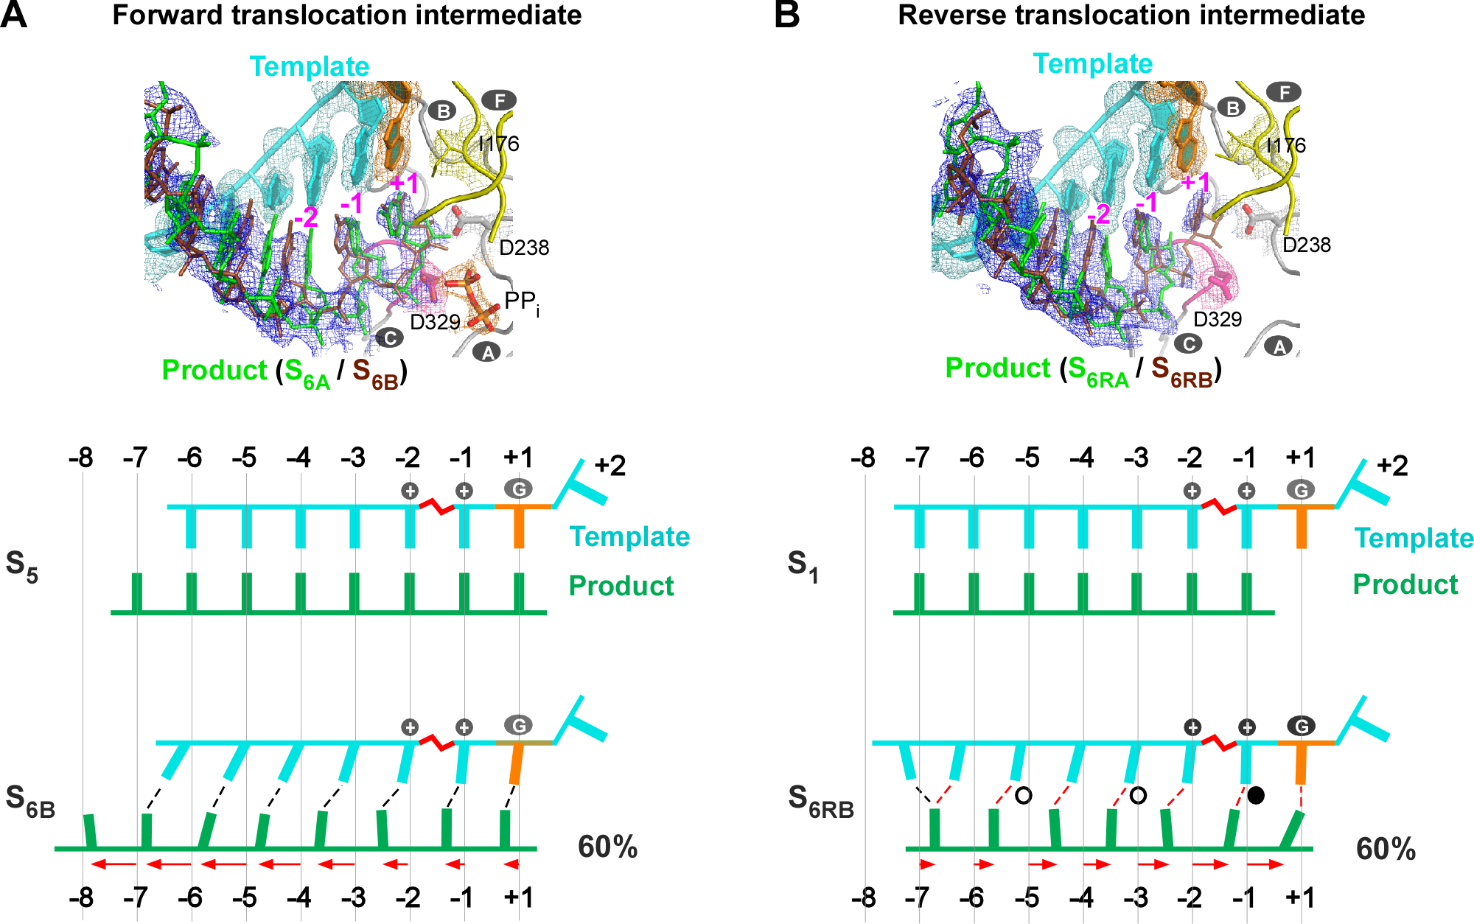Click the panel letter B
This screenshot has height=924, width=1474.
(787, 15)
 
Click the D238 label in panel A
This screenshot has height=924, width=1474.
(524, 248)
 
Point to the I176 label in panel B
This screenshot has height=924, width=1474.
(1285, 145)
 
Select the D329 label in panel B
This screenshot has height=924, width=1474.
(1218, 319)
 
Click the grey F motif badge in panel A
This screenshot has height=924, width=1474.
(499, 100)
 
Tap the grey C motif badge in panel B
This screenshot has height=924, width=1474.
(1187, 343)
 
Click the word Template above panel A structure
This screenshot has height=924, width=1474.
(310, 66)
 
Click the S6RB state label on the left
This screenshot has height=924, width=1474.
(820, 801)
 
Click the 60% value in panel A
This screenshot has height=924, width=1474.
(607, 847)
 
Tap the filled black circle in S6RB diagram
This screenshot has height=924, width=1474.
(1257, 795)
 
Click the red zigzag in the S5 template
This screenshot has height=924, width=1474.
(436, 506)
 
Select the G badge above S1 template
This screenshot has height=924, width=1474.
(1301, 490)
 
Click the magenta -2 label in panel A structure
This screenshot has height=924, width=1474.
(305, 217)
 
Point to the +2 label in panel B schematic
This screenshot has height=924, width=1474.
(1392, 466)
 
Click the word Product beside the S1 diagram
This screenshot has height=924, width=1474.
(1405, 584)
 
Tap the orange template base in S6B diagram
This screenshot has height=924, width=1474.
(517, 763)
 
